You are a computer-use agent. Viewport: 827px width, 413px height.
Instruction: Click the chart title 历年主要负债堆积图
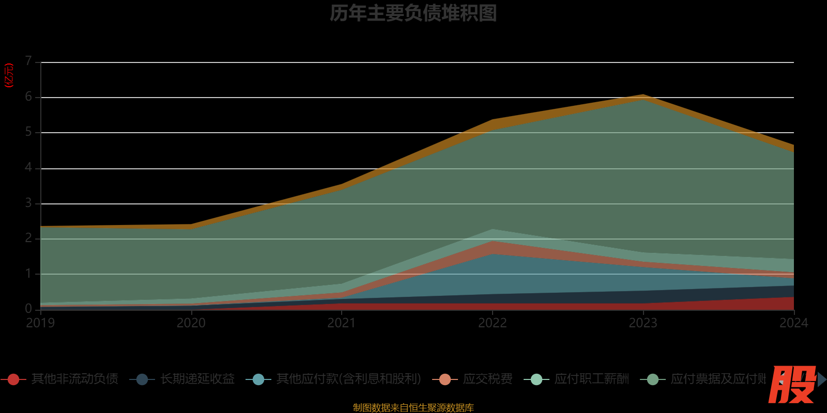[x=413, y=13]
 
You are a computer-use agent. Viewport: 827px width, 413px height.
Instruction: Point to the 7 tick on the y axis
[x=28, y=61]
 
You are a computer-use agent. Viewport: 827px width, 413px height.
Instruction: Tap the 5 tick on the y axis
[x=28, y=132]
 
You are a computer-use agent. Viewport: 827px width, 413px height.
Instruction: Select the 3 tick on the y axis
[x=28, y=203]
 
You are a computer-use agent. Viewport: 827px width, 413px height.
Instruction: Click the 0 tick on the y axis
[x=28, y=309]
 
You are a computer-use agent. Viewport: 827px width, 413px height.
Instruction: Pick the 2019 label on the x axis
[x=40, y=323]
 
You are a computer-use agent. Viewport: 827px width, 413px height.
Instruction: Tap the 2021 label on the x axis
[x=342, y=323]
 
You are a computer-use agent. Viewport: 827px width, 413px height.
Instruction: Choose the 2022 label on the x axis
[x=493, y=323]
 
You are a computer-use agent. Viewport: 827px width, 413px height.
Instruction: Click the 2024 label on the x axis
[x=793, y=323]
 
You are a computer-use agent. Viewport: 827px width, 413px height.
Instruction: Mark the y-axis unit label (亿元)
[x=9, y=75]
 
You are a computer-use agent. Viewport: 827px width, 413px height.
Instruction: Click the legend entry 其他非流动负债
[x=74, y=379]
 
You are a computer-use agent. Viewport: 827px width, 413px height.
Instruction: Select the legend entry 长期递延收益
[x=197, y=379]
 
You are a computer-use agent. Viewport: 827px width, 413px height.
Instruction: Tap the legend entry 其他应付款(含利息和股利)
[x=348, y=379]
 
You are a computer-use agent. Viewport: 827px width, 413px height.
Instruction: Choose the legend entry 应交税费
[x=487, y=379]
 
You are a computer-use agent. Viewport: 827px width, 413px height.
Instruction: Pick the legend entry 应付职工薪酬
[x=591, y=379]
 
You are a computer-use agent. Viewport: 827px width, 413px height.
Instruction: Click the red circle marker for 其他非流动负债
[x=13, y=379]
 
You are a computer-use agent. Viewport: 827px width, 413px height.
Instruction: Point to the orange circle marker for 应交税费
[x=445, y=379]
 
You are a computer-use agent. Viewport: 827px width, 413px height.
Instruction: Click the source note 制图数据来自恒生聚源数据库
[x=413, y=408]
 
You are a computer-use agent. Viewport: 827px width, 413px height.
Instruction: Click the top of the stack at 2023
[x=643, y=96]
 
